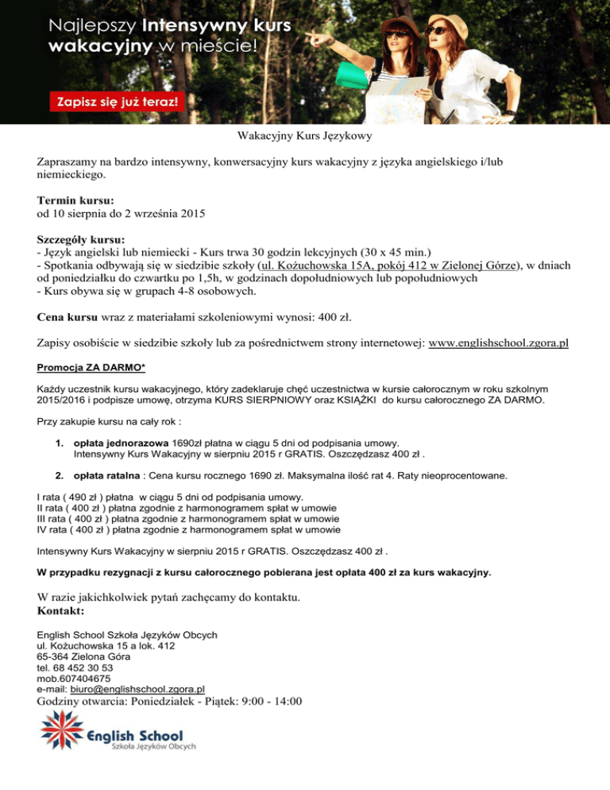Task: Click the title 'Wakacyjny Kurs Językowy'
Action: (305, 137)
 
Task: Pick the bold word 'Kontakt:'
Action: (61, 611)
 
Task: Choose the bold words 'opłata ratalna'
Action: (112, 476)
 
